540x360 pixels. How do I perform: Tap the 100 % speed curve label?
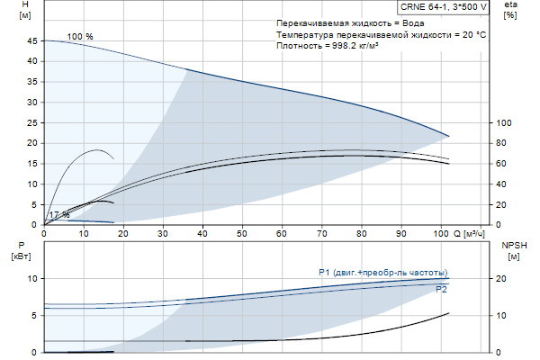point(80,36)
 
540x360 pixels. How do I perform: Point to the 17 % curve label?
point(58,215)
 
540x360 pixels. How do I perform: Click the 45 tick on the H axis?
point(33,41)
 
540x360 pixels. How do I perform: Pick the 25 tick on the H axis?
point(33,123)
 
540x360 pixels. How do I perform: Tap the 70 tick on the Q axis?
point(321,234)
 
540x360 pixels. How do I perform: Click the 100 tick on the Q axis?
point(440,234)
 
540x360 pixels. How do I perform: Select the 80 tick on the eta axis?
point(504,143)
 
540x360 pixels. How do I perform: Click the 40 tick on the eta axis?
point(504,184)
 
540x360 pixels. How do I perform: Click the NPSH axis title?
point(512,250)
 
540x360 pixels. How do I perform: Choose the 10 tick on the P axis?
point(32,279)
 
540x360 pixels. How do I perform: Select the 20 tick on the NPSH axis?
point(504,279)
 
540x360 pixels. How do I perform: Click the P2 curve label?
point(441,291)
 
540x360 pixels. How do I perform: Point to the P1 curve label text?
point(382,272)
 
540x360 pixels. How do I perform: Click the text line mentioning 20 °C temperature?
point(382,33)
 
